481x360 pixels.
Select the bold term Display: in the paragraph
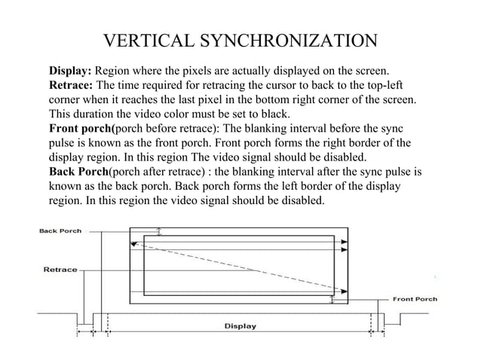(70, 71)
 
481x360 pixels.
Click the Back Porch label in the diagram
(60, 230)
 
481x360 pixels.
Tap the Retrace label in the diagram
(60, 268)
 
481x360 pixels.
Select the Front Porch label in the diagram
(415, 298)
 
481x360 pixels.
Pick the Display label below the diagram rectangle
(240, 326)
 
